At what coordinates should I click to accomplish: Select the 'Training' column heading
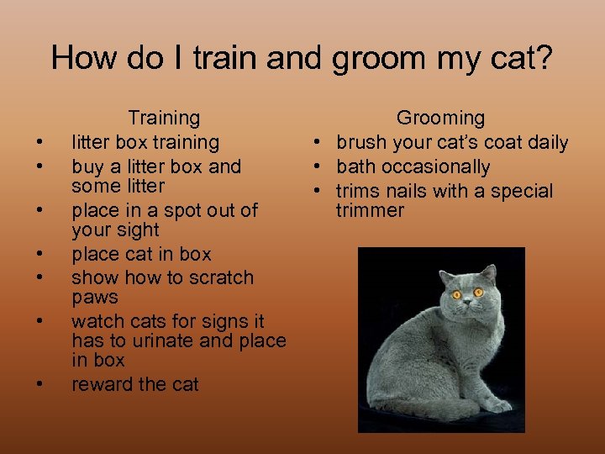[164, 119]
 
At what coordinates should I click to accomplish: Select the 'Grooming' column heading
[440, 119]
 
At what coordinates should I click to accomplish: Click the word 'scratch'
[219, 278]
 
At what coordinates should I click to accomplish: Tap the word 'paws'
[94, 298]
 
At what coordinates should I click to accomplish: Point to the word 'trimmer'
[371, 210]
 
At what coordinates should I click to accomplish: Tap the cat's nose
[467, 305]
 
